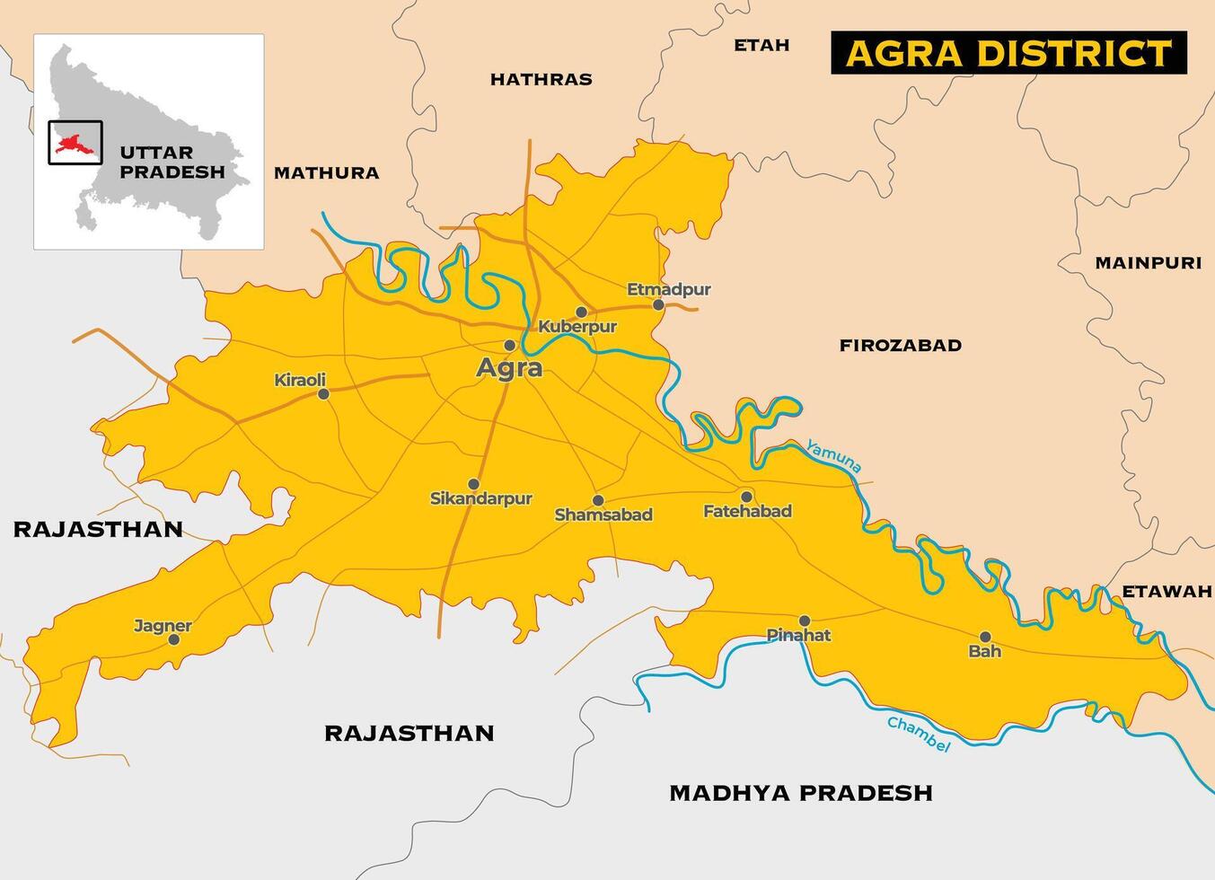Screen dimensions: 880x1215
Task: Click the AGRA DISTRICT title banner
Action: click(x=1008, y=53)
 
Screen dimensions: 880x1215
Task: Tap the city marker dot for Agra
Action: click(x=509, y=345)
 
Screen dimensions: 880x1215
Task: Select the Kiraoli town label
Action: click(x=300, y=381)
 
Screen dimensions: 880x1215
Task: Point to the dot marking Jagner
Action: click(x=174, y=639)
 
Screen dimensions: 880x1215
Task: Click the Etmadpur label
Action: click(x=668, y=289)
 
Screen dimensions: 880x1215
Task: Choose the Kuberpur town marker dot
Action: click(x=581, y=312)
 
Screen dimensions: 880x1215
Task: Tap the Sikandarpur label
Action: click(x=481, y=498)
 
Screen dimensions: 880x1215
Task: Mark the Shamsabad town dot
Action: click(x=598, y=500)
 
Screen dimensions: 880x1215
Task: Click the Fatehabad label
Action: click(x=747, y=512)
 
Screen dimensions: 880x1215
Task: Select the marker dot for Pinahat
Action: click(x=805, y=620)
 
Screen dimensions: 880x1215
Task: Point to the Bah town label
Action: click(x=984, y=652)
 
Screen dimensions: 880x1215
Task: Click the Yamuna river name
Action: click(x=833, y=455)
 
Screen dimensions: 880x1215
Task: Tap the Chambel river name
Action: click(x=918, y=733)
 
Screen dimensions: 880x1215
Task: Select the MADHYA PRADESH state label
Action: click(x=801, y=793)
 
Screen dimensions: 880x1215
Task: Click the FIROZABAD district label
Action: click(x=900, y=346)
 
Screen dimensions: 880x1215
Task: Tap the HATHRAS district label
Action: click(x=541, y=80)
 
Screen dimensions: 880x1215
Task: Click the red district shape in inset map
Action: click(x=69, y=143)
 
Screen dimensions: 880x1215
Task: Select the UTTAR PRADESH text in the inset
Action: click(x=172, y=163)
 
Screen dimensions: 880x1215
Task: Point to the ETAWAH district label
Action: click(x=1167, y=592)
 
